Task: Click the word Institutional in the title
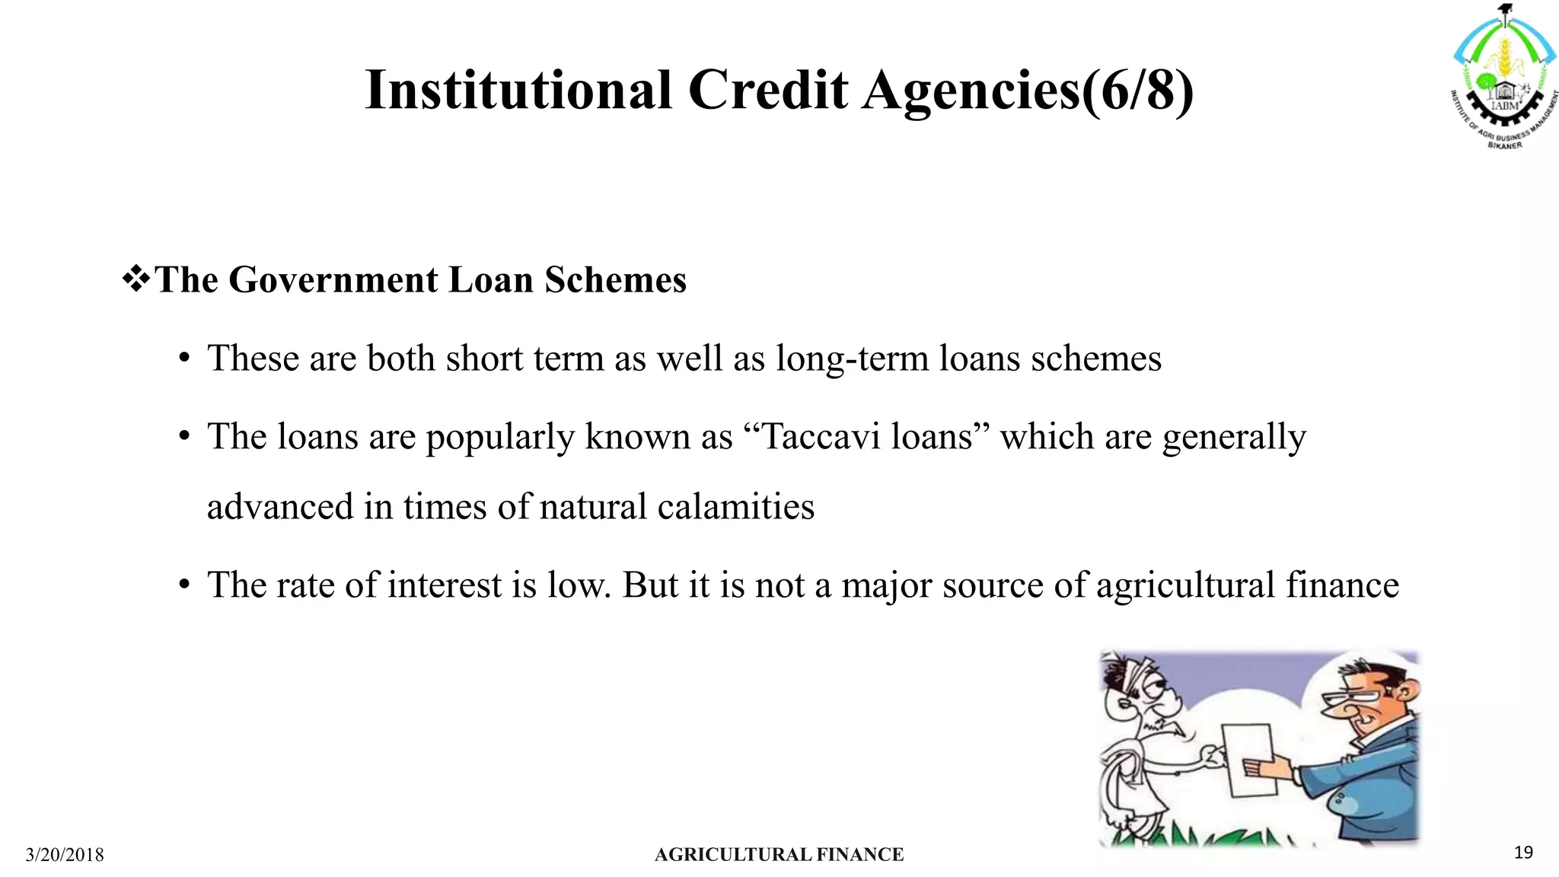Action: (x=518, y=90)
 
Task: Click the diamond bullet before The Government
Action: (x=136, y=279)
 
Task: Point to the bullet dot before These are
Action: (x=183, y=359)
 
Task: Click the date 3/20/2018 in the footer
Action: (x=65, y=855)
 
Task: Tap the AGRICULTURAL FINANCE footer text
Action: (x=779, y=855)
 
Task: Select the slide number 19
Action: (x=1523, y=853)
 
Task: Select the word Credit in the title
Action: (x=768, y=90)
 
